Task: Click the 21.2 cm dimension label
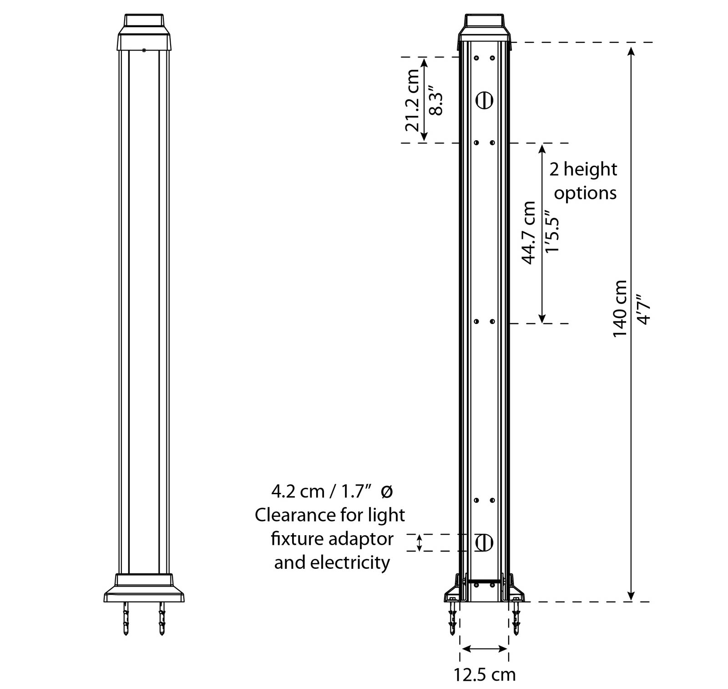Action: click(x=413, y=100)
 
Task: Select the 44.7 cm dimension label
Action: click(x=529, y=233)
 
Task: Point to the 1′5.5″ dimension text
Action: click(x=552, y=232)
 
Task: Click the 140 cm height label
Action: click(x=620, y=309)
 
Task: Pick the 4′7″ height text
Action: click(x=644, y=308)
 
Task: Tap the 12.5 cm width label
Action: click(x=485, y=674)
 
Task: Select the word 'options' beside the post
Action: click(x=585, y=193)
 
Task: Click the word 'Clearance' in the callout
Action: click(x=296, y=515)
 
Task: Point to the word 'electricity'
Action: click(x=350, y=562)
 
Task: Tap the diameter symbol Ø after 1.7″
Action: click(x=386, y=491)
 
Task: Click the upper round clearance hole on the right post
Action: click(x=485, y=100)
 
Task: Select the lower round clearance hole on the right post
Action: click(x=485, y=542)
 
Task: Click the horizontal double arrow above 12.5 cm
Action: click(x=484, y=648)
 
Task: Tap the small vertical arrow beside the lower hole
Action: click(x=420, y=542)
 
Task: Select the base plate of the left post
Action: click(x=144, y=588)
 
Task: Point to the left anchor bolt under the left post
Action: click(x=126, y=618)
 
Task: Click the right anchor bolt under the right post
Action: click(x=516, y=618)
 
